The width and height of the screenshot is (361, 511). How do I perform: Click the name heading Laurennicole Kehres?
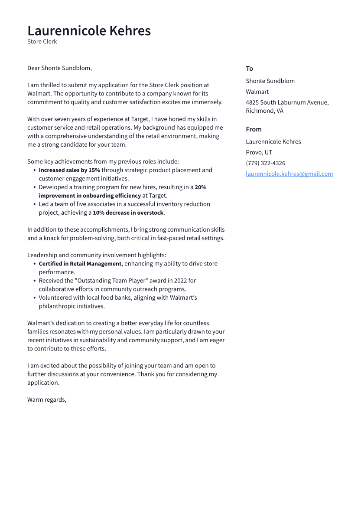point(89,31)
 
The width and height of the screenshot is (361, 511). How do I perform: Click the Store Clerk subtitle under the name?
point(42,42)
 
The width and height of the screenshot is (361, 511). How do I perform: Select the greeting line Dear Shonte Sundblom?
point(59,68)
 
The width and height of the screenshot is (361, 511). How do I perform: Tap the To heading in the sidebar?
point(249,69)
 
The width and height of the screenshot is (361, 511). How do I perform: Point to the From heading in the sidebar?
point(254,129)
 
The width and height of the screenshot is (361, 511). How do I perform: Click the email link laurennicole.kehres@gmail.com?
point(289,174)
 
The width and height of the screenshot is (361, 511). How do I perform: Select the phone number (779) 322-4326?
point(265,163)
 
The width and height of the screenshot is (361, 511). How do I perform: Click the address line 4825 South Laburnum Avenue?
point(287,102)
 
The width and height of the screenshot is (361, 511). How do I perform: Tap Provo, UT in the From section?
point(259,152)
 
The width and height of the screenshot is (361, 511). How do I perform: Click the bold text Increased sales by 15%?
point(69,170)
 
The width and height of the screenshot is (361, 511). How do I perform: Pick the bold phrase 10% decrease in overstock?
point(128,213)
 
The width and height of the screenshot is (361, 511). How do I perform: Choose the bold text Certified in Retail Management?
point(80,264)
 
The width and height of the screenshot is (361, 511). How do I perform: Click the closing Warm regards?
point(46,400)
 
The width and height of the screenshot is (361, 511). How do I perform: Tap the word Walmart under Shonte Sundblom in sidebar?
point(257,92)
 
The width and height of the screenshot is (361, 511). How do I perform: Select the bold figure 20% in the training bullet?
point(200,187)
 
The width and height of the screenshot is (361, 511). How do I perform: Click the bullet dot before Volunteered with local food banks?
point(34,298)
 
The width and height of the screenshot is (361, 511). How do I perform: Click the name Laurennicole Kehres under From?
point(273,141)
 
